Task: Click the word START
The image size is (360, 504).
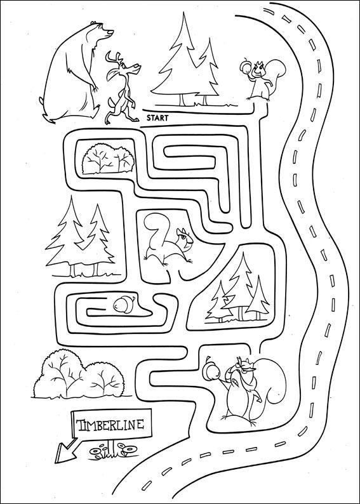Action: pyautogui.click(x=157, y=118)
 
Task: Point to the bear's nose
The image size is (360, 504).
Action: pyautogui.click(x=111, y=32)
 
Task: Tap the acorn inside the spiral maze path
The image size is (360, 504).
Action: pyautogui.click(x=123, y=305)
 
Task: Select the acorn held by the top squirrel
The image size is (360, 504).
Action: pyautogui.click(x=246, y=67)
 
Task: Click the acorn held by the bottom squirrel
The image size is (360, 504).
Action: pyautogui.click(x=211, y=371)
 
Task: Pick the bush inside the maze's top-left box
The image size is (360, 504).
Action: pyautogui.click(x=108, y=159)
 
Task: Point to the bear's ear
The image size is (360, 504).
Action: pyautogui.click(x=94, y=22)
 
